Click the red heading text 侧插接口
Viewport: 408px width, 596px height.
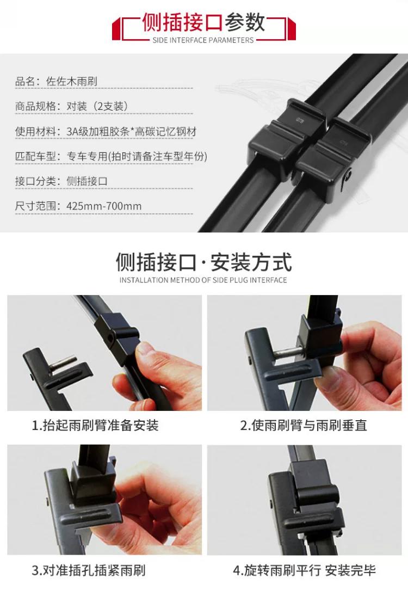coord(182,22)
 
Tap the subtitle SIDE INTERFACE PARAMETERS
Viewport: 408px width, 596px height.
coord(203,40)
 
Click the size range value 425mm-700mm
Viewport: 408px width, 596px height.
coord(104,206)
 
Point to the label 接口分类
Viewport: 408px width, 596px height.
coord(35,181)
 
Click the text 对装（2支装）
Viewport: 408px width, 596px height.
coord(97,107)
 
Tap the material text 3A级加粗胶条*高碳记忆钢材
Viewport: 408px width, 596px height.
coord(132,132)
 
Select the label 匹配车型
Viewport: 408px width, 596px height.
coord(35,157)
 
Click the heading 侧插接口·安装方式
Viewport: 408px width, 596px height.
coord(203,262)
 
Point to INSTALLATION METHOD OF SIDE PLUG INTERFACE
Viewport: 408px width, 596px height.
coord(203,280)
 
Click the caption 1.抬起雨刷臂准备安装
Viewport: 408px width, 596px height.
coord(95,425)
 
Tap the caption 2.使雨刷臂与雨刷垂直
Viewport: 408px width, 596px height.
coord(304,425)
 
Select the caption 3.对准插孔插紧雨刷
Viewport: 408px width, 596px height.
coord(89,570)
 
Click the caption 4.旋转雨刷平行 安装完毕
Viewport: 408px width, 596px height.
coord(304,570)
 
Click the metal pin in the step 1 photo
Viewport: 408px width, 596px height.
coord(63,365)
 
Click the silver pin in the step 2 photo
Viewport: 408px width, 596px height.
coord(288,354)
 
